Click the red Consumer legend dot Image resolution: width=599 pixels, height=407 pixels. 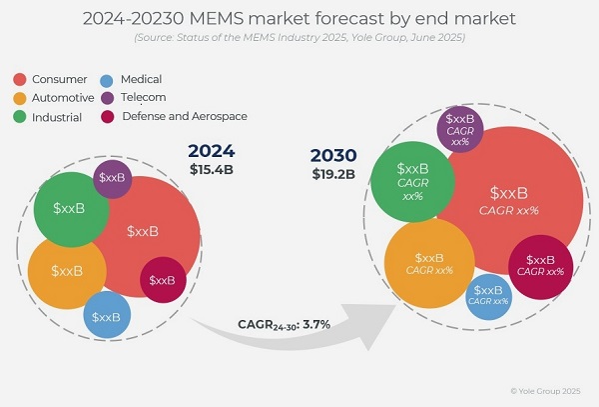click(20, 79)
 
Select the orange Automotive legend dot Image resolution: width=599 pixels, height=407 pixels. click(20, 98)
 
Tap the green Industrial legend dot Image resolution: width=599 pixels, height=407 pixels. click(20, 116)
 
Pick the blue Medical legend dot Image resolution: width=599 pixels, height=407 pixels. click(108, 79)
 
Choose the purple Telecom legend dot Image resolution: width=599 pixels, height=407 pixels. click(108, 97)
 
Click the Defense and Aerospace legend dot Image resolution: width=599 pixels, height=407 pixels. click(108, 116)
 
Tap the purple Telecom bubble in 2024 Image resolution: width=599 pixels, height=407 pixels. click(113, 178)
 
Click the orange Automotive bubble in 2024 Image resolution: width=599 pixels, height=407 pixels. click(66, 270)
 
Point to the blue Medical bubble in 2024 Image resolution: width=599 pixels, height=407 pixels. click(107, 316)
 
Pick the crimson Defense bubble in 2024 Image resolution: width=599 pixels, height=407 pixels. click(162, 279)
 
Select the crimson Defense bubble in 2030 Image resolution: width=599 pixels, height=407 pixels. click(540, 265)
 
